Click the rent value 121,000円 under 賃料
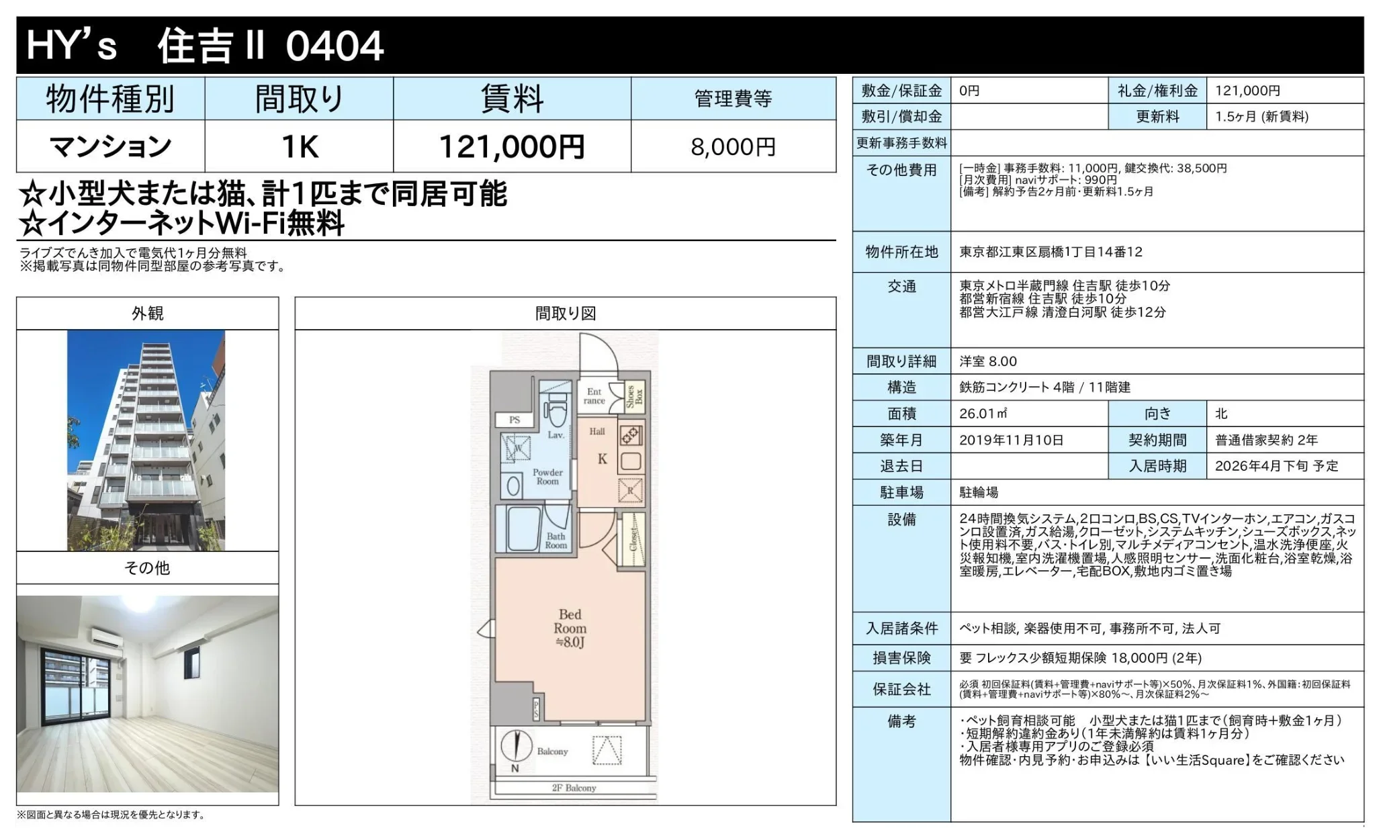511,147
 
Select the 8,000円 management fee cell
733,147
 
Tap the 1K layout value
299,147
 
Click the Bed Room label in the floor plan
570,622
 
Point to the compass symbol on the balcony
516,746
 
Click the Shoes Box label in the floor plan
634,396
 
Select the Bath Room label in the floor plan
555,541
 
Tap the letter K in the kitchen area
602,459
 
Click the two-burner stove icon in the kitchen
630,436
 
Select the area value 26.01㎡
983,414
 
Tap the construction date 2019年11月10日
1011,440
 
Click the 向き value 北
1221,414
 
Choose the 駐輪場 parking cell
979,492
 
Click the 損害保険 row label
901,657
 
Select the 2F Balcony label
574,788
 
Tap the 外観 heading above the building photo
147,313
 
